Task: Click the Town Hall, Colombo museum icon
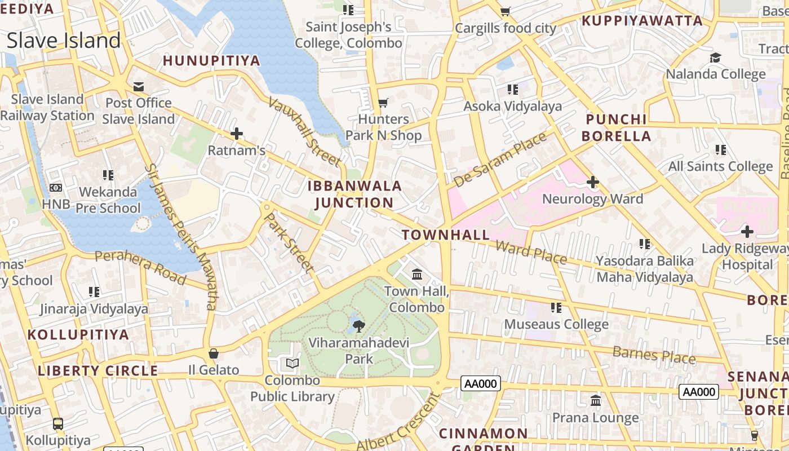coord(417,275)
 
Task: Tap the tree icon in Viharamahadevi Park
coord(358,325)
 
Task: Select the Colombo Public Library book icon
coord(292,364)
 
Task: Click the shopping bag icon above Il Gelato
coord(214,353)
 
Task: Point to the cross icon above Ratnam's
coord(237,134)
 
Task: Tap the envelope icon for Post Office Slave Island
coord(138,86)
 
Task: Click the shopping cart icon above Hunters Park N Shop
coord(383,103)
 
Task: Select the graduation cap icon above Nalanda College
coord(715,58)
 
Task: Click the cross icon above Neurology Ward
coord(592,182)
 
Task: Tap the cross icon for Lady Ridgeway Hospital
coord(747,232)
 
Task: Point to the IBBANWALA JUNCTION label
coord(354,194)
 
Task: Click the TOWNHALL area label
coord(445,235)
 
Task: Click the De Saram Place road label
coord(500,159)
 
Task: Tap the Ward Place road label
coord(531,251)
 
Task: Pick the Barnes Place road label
coord(654,355)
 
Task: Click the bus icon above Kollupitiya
coord(57,423)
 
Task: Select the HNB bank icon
coord(56,188)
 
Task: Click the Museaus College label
coord(556,324)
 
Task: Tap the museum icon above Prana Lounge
coord(596,401)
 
